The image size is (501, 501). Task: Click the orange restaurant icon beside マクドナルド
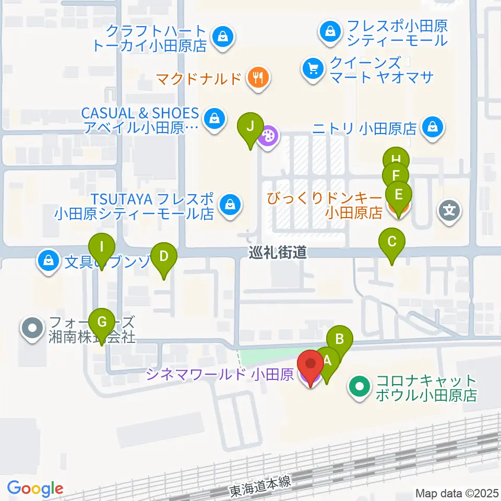click(257, 78)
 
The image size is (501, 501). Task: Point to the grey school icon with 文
click(449, 211)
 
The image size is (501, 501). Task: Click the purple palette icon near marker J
click(268, 137)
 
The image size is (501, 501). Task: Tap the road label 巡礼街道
click(278, 253)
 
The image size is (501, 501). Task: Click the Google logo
click(35, 489)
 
